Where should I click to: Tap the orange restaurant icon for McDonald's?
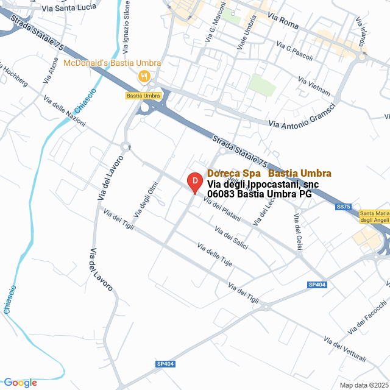(144, 77)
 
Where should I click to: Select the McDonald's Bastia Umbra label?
(112, 63)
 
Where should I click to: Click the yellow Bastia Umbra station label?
(143, 96)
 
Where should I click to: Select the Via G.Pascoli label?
(294, 52)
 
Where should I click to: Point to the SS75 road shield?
(344, 207)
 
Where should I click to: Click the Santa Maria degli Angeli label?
(374, 216)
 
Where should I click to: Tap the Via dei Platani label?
(222, 211)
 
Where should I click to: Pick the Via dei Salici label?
(231, 237)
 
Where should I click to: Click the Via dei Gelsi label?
(298, 232)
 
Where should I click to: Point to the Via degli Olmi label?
(146, 199)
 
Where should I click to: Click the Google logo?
(20, 383)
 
